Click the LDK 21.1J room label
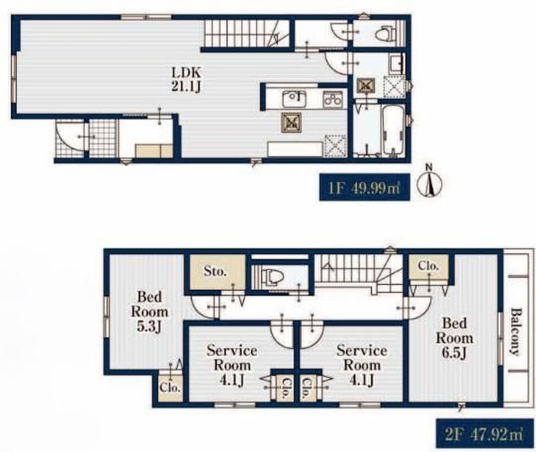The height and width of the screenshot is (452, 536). (x=186, y=80)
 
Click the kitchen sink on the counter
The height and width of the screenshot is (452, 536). (x=294, y=99)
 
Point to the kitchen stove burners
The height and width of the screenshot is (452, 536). (x=333, y=98)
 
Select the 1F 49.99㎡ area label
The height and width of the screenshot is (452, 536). (x=364, y=188)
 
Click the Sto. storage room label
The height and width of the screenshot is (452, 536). (x=215, y=271)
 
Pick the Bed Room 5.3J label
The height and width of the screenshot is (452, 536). (x=150, y=311)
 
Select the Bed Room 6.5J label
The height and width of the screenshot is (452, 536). (x=454, y=338)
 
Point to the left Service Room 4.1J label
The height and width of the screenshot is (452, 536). (x=232, y=365)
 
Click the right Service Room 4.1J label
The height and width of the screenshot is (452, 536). (x=362, y=365)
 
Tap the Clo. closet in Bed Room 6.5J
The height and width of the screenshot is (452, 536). (x=428, y=266)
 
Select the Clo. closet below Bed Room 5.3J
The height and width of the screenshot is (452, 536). (x=170, y=388)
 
